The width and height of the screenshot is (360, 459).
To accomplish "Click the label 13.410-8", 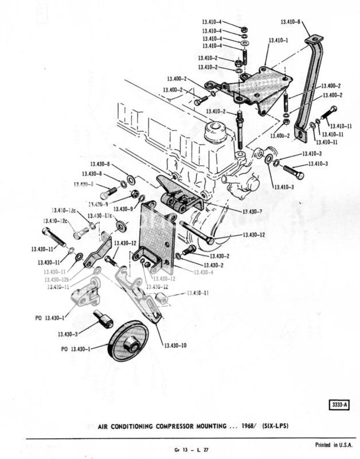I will pos(291,22).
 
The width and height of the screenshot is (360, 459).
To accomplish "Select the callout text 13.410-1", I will pos(278,41).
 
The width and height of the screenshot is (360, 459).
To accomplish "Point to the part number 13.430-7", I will pos(252,211).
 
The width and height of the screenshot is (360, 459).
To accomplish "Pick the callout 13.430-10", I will pos(175,345).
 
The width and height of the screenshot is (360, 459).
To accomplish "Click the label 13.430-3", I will pos(68,333).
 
